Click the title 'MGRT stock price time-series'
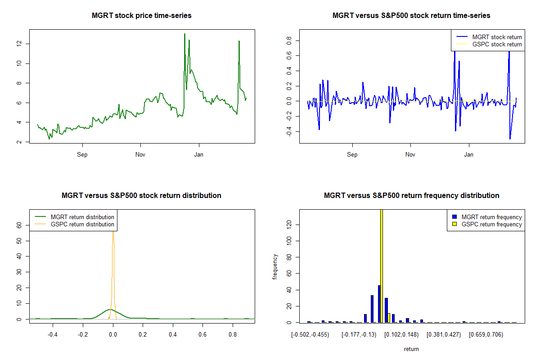(x=141, y=16)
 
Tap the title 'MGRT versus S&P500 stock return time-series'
(x=411, y=16)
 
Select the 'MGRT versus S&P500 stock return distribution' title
(x=141, y=196)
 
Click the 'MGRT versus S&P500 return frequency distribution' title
(x=411, y=196)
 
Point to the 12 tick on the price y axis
(x=19, y=44)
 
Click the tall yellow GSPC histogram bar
(x=382, y=265)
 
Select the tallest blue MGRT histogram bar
(x=379, y=304)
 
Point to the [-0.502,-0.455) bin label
(x=310, y=335)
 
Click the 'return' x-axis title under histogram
(x=411, y=349)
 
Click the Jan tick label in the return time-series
(x=469, y=155)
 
